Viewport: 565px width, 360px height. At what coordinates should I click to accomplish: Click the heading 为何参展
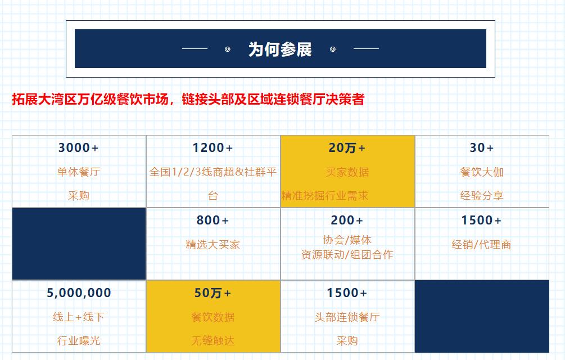pos(280,49)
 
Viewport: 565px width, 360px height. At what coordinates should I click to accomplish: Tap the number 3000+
pos(79,148)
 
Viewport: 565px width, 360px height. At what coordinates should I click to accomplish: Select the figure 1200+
pos(213,148)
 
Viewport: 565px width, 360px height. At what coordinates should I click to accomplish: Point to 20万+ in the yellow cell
pos(347,148)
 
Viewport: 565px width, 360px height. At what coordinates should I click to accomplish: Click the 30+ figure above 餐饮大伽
pos(482,148)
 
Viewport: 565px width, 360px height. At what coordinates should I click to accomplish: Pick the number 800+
pos(213,220)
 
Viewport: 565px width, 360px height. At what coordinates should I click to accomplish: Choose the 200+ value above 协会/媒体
pos(347,220)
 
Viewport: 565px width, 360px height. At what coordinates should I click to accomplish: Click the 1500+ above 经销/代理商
pos(482,220)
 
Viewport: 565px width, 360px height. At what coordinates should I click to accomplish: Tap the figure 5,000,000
pos(79,293)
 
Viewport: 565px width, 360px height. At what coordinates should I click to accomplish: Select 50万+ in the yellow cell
pos(213,293)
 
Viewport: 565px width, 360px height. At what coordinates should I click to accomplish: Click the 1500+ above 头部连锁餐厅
pos(347,293)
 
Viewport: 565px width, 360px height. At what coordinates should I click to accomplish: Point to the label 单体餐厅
pos(79,172)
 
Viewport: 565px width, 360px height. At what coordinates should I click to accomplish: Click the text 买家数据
pos(347,172)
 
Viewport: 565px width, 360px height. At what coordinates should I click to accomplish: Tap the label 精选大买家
pos(213,245)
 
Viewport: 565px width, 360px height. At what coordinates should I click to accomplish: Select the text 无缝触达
pos(213,340)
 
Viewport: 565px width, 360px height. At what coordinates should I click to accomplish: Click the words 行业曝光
pos(79,340)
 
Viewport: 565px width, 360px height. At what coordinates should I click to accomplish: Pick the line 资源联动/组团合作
pos(347,255)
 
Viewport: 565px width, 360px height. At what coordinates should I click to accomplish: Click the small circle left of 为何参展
pos(227,49)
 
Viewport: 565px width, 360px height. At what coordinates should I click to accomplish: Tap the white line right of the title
pos(366,48)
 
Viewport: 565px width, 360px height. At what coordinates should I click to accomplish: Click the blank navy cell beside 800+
pos(79,244)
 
